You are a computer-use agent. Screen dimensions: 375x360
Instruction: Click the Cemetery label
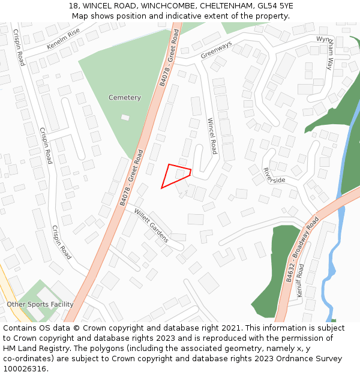pyautogui.click(x=125, y=98)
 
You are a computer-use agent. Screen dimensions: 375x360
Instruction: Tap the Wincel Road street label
pyautogui.click(x=211, y=136)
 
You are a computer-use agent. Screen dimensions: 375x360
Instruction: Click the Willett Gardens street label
pyautogui.click(x=151, y=225)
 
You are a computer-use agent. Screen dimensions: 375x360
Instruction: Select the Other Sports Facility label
pyautogui.click(x=40, y=304)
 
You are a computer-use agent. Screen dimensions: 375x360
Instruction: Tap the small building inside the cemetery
pyautogui.click(x=125, y=117)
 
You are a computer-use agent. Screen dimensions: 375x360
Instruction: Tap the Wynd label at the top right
pyautogui.click(x=323, y=39)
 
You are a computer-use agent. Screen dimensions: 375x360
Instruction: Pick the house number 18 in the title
pyautogui.click(x=74, y=6)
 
